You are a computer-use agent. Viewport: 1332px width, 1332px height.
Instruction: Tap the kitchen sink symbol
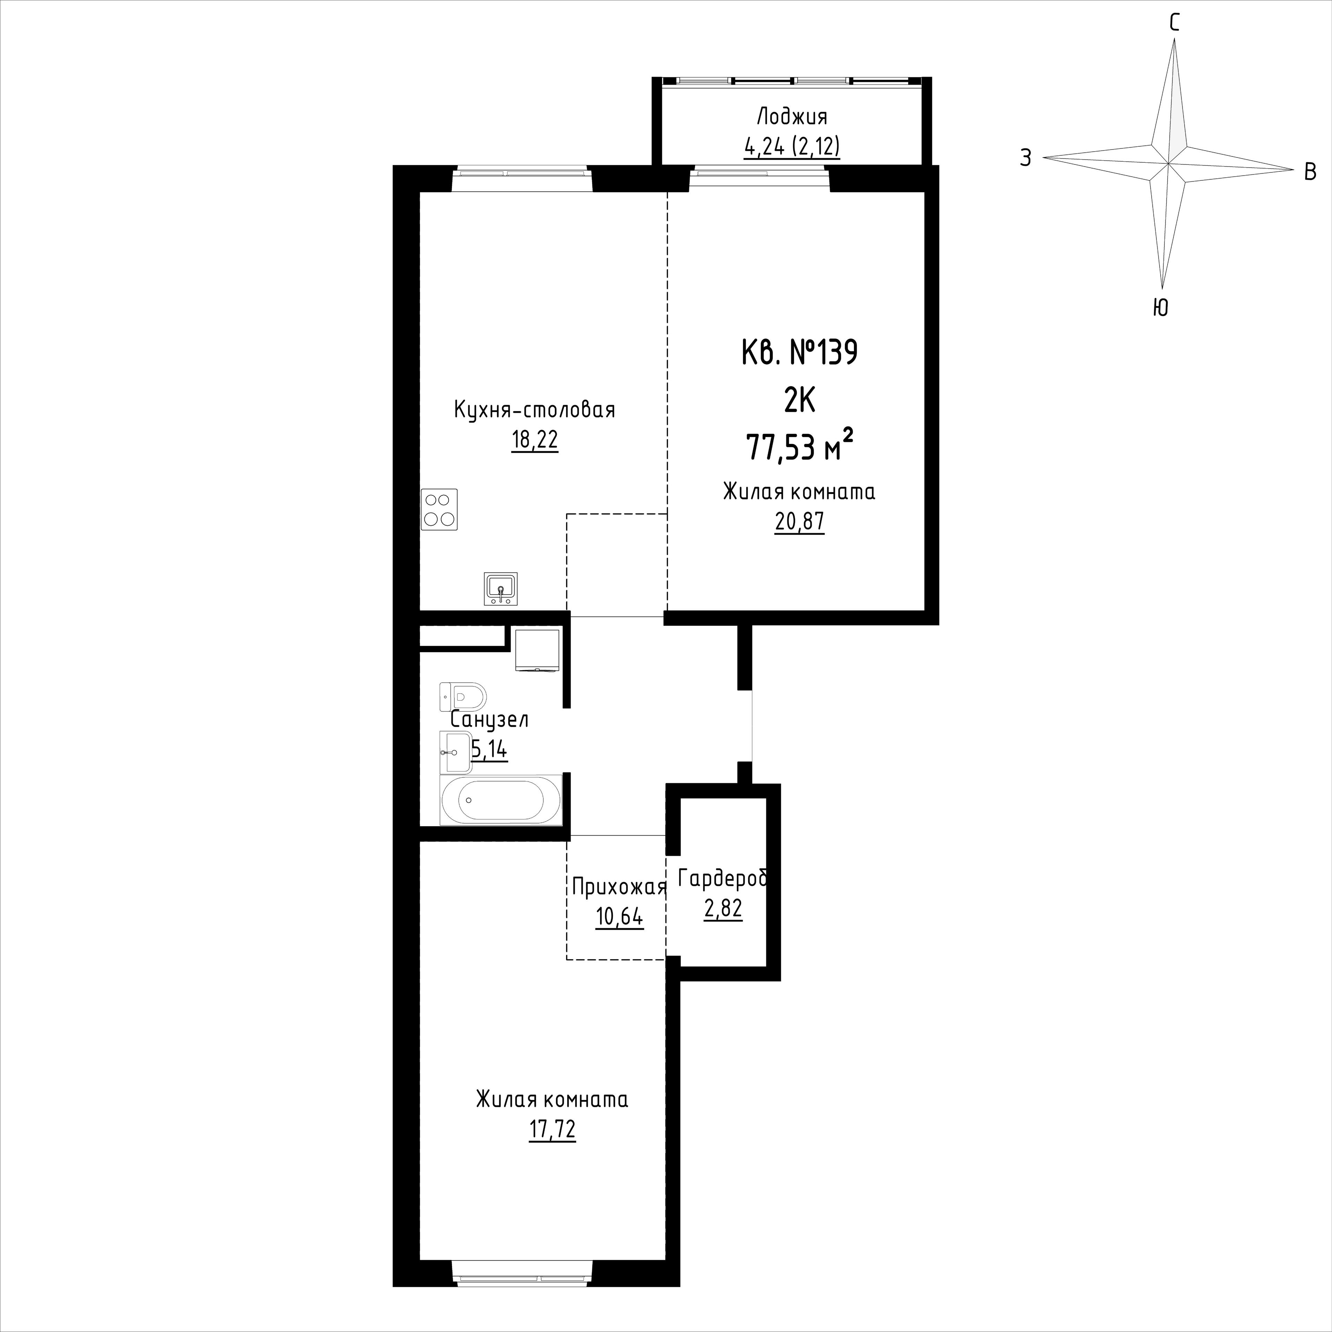pyautogui.click(x=501, y=589)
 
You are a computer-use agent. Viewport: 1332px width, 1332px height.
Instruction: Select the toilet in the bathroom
pyautogui.click(x=463, y=696)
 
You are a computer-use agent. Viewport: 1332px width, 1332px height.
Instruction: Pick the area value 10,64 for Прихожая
pyautogui.click(x=619, y=917)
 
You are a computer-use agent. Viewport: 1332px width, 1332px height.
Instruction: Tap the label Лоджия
pyautogui.click(x=792, y=116)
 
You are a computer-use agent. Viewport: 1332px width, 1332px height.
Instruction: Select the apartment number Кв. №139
pyautogui.click(x=799, y=353)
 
